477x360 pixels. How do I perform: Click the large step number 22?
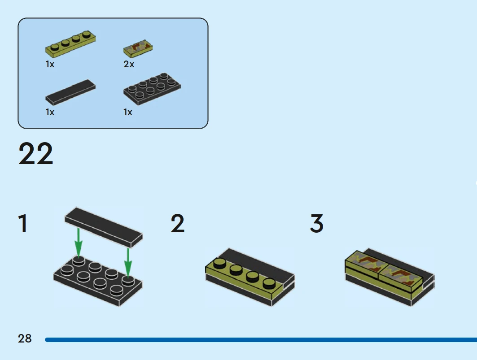click(x=36, y=154)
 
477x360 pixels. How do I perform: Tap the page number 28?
click(x=25, y=338)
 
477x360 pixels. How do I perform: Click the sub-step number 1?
click(x=22, y=224)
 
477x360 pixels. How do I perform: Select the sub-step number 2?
click(x=178, y=224)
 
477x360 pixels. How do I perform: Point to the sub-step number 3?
click(x=317, y=224)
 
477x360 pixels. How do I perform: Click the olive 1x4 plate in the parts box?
click(x=70, y=45)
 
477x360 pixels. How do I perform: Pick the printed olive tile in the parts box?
click(x=138, y=47)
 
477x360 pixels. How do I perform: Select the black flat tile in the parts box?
click(x=70, y=92)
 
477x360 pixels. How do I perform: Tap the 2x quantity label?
click(x=129, y=65)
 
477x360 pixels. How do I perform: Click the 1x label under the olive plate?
click(x=50, y=65)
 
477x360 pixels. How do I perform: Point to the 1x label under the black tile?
click(x=50, y=112)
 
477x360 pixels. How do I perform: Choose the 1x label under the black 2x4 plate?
click(x=128, y=112)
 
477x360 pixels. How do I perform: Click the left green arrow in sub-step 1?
click(x=79, y=242)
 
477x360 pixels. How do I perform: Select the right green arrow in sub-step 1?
click(x=128, y=262)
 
